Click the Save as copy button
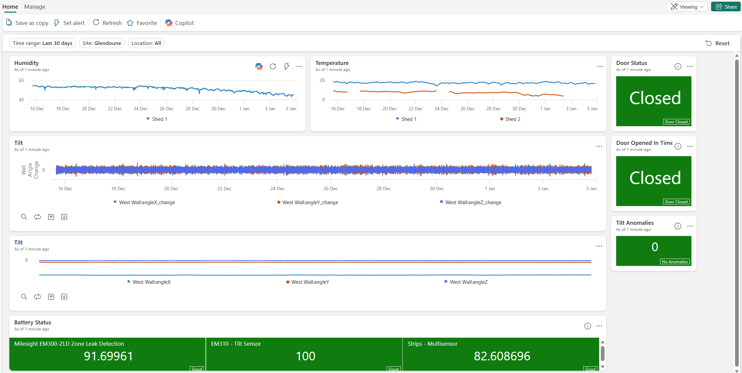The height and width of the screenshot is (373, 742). (x=27, y=23)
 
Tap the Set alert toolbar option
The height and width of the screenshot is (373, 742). (x=69, y=23)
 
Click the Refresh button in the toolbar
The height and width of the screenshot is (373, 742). (x=107, y=23)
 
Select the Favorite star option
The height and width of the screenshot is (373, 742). (x=142, y=23)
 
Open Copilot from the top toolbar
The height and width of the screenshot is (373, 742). (x=180, y=23)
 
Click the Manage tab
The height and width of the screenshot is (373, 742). (x=35, y=7)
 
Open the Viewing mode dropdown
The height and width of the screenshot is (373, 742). (x=687, y=7)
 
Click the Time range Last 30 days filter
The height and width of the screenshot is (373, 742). (x=43, y=43)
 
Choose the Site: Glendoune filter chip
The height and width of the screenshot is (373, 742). (x=102, y=43)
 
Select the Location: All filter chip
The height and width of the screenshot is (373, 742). (x=146, y=43)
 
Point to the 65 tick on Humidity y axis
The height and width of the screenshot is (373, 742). (x=21, y=80)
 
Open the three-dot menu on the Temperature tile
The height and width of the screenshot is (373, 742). (x=600, y=67)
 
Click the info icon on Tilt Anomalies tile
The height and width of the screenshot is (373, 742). (x=678, y=226)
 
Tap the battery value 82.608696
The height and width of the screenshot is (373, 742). (x=502, y=356)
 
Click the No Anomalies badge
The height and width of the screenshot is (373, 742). (x=674, y=262)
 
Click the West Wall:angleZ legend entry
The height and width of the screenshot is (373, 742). (x=468, y=282)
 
